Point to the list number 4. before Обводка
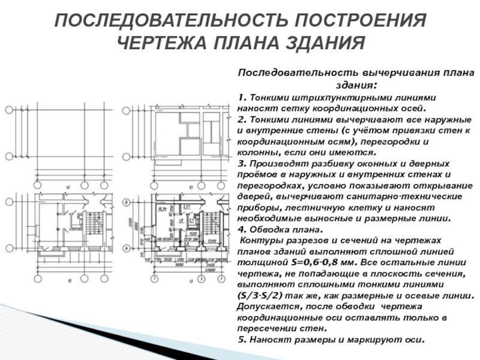pos(241,229)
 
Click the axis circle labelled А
pos(127,248)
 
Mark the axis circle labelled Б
pos(127,203)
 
